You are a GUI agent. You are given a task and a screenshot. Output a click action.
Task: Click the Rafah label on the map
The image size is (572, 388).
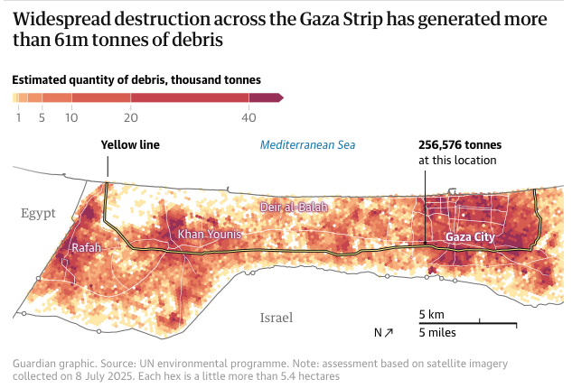(x=86, y=248)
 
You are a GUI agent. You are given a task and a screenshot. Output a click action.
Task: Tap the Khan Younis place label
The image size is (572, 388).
(x=210, y=235)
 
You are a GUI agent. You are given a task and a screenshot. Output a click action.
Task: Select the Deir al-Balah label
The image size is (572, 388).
(x=295, y=208)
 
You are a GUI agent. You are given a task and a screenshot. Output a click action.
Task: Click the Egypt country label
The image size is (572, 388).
(x=39, y=214)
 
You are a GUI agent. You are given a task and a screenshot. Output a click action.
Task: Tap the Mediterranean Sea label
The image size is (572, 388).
(x=308, y=144)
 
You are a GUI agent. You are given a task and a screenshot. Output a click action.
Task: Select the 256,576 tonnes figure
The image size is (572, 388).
(x=460, y=144)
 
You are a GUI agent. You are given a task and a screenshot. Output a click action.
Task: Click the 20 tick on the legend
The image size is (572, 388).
(x=131, y=117)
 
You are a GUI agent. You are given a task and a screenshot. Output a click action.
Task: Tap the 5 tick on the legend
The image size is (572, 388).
(x=42, y=117)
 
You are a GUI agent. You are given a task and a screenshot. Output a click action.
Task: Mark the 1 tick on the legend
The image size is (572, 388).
(x=18, y=117)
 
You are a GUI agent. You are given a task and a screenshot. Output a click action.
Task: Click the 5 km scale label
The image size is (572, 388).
(x=430, y=314)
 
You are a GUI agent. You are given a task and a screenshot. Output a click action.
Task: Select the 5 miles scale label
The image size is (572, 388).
(x=436, y=332)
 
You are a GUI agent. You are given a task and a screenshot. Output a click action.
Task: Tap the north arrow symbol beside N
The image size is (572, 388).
(x=389, y=332)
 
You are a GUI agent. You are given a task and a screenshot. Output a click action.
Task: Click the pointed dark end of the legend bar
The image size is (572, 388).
(x=280, y=97)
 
